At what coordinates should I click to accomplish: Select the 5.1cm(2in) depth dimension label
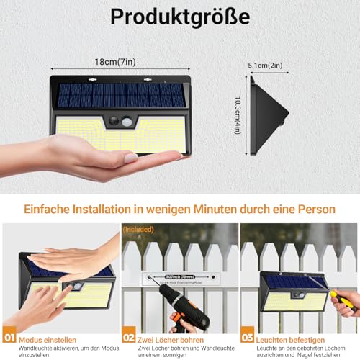266,64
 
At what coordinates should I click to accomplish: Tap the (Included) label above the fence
138,230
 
